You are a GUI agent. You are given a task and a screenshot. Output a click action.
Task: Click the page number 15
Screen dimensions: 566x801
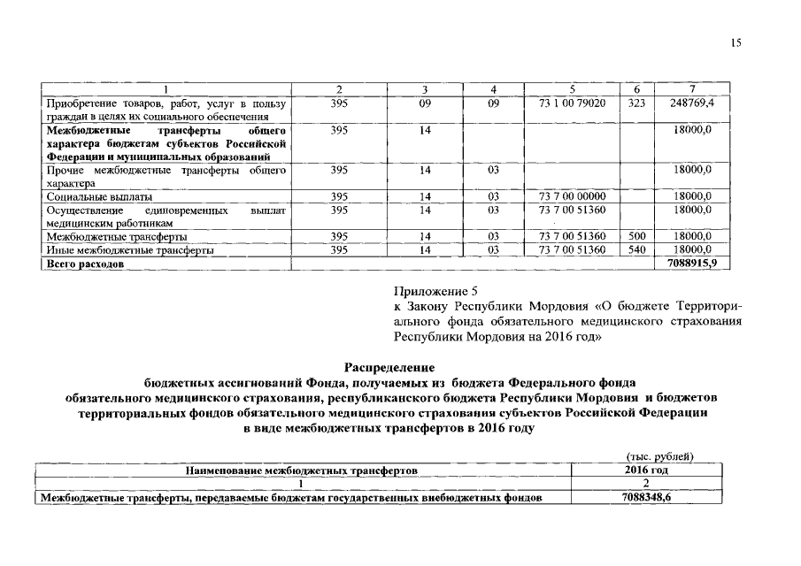[x=736, y=43]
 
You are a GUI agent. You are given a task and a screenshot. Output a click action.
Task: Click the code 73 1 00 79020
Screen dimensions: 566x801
[x=572, y=103]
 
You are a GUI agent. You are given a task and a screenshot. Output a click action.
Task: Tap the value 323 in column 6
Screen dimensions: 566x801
[x=635, y=103]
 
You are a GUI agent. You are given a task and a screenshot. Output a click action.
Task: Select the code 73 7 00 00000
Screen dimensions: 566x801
[x=572, y=196]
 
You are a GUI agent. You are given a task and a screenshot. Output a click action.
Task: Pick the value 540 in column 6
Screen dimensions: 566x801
[x=635, y=250]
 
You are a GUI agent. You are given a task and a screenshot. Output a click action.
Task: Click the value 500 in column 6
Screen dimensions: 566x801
[x=635, y=237]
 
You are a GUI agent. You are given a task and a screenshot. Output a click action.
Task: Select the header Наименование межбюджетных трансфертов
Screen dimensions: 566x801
[x=301, y=470]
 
